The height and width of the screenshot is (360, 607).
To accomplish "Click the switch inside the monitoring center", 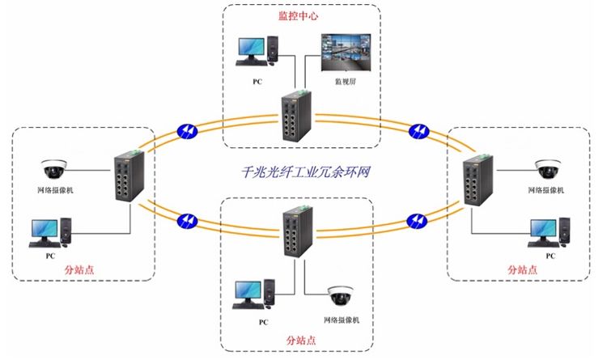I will pos(293,116).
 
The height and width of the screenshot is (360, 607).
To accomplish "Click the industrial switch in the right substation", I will pos(474,184).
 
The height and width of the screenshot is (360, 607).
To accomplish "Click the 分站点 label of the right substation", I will pos(522,268).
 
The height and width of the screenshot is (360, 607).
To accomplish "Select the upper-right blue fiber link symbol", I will pos(420,130).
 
